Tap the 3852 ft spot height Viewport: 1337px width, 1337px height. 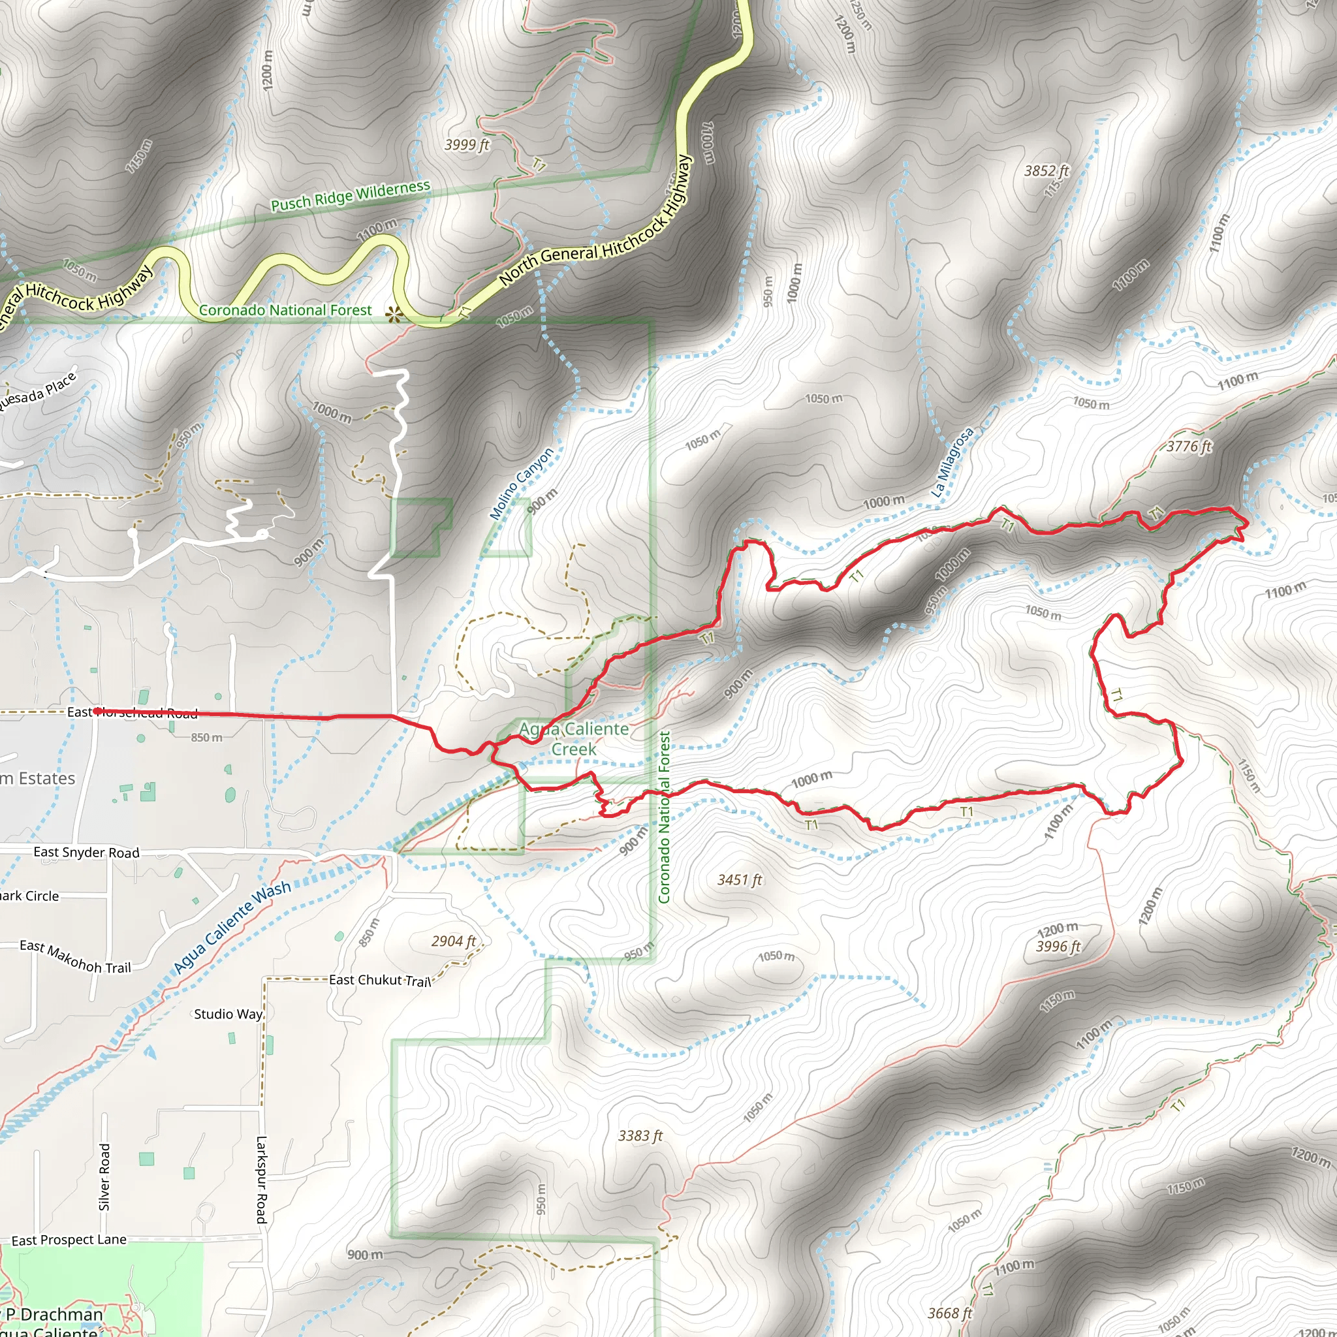tap(1046, 170)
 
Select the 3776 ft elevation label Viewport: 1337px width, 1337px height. tap(1189, 447)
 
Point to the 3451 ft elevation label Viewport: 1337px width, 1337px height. tap(739, 879)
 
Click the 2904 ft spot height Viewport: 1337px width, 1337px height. tap(453, 941)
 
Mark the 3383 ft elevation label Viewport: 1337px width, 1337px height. tap(640, 1136)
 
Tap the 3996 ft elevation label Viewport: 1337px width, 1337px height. tap(1058, 947)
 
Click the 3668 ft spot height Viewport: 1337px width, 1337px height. tap(949, 1313)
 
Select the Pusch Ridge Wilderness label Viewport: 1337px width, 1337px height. tap(350, 196)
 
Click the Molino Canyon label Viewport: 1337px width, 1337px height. tap(522, 484)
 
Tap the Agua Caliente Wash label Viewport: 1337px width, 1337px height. tap(232, 926)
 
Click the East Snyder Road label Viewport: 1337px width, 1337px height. tap(87, 852)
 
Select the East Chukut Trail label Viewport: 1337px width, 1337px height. tap(379, 980)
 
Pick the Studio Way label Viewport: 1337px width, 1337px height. tap(228, 1014)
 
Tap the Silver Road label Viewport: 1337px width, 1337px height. tap(104, 1177)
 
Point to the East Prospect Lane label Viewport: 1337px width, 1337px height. tap(69, 1240)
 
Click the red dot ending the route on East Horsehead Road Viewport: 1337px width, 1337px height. tap(99, 711)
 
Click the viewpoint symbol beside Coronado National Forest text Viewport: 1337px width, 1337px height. tap(394, 315)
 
